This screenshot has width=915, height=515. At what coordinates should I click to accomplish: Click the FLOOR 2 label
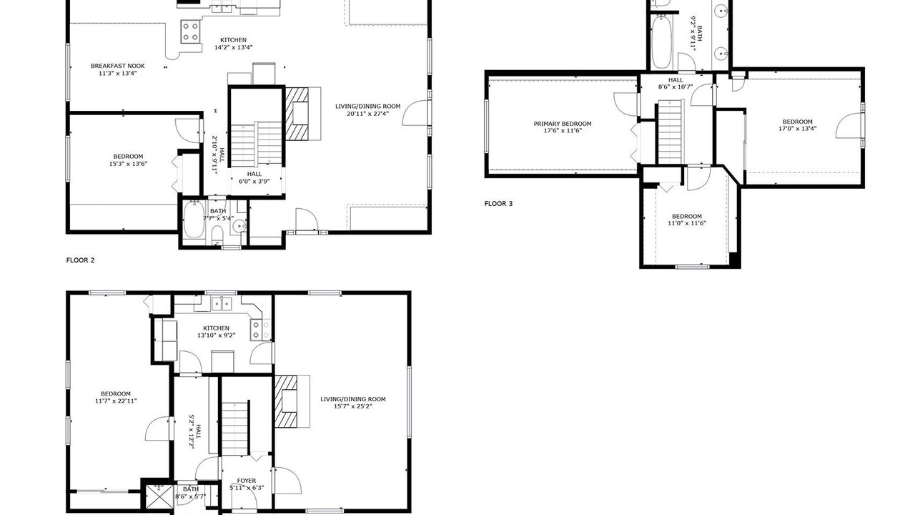81,260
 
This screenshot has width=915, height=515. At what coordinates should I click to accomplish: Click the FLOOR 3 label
498,204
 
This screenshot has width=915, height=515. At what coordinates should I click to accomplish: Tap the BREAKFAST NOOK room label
118,66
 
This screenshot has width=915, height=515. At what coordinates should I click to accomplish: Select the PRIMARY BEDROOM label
563,124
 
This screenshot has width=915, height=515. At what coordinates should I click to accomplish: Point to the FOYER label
247,481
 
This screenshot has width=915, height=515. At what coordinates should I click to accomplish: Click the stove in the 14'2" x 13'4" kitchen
191,31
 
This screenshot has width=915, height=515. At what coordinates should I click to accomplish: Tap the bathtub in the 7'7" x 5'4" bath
194,220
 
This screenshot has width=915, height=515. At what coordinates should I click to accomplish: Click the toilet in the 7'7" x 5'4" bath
217,236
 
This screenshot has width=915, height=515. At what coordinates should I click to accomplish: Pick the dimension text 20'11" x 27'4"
367,114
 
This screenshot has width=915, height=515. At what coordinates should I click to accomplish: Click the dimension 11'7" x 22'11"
116,401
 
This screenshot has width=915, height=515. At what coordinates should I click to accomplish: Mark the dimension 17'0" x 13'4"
797,128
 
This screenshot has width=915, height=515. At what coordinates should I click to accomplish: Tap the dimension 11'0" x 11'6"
687,223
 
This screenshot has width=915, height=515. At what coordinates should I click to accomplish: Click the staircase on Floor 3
670,132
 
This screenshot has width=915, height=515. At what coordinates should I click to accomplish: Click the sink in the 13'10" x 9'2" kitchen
222,304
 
